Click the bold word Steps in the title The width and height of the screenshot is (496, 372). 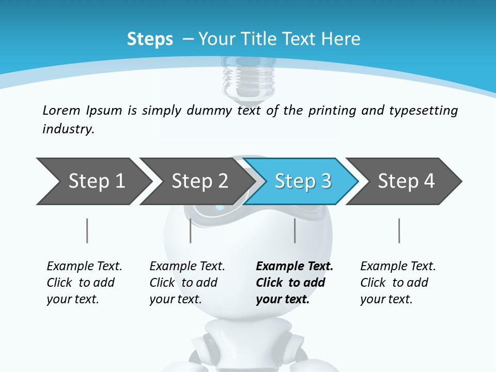150,39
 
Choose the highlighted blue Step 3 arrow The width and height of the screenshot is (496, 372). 303,181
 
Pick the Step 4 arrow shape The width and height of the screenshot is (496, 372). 406,181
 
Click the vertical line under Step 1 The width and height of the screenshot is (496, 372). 87,230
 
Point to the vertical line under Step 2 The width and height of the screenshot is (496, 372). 191,230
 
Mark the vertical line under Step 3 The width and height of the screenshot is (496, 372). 295,230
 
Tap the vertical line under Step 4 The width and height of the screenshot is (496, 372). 399,230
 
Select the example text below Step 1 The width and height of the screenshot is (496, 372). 84,283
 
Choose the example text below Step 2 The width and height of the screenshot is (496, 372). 187,283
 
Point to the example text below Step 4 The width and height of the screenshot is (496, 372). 398,283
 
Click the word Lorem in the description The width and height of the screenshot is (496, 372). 61,111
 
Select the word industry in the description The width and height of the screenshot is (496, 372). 68,129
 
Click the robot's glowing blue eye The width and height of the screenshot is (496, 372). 220,208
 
